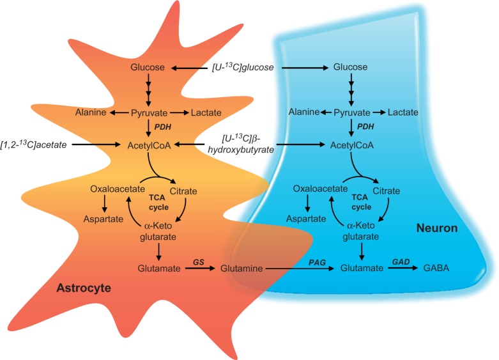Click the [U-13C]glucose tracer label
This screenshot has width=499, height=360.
point(244,67)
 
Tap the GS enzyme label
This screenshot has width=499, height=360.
point(198,261)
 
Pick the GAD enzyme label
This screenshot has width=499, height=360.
point(402,261)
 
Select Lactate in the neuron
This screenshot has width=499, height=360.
point(403,113)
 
